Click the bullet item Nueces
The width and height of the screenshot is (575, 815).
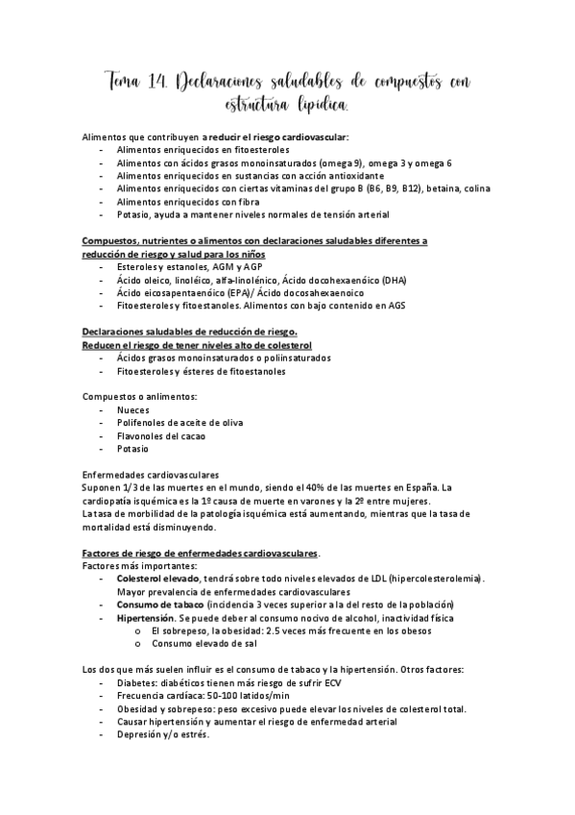tap(133, 409)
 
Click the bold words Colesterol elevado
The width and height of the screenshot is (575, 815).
tap(157, 579)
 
